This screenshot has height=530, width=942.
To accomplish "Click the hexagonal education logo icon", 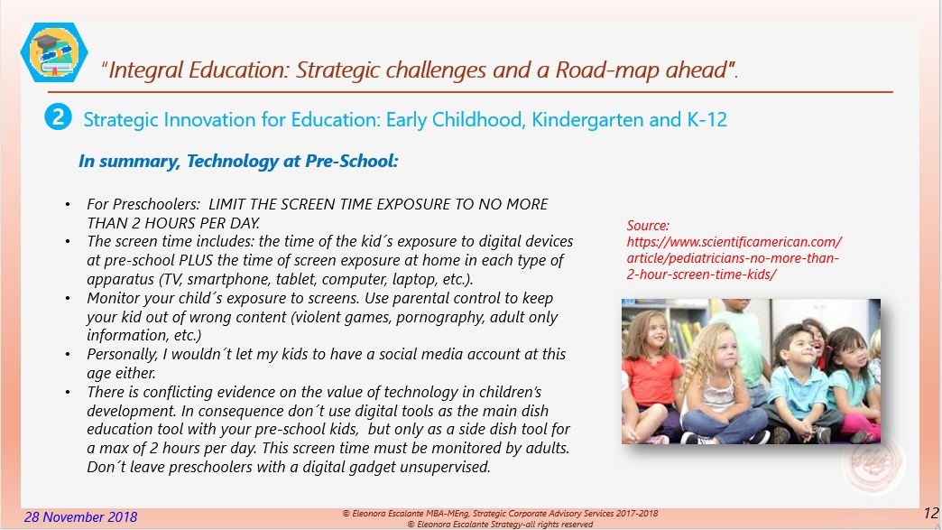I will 54,51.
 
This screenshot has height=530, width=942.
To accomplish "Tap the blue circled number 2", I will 57,117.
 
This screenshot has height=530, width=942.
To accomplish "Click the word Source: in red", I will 648,225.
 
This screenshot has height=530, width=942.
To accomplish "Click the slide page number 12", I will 931,514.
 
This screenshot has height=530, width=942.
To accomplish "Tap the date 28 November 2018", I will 81,516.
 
